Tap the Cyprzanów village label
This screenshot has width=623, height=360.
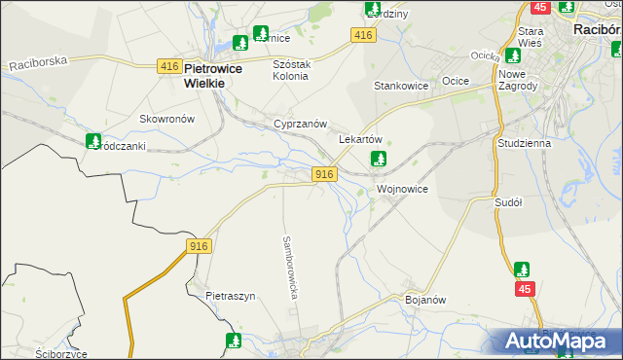click(299, 125)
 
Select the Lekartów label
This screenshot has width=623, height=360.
click(360, 139)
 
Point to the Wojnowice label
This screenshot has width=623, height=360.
click(402, 188)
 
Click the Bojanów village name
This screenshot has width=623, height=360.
click(424, 300)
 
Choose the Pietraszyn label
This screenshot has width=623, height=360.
click(230, 295)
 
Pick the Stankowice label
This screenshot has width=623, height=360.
click(402, 86)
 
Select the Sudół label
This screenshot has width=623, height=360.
click(509, 202)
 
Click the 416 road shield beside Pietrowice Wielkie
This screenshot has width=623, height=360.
click(168, 66)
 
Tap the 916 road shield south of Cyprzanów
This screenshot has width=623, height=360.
click(325, 173)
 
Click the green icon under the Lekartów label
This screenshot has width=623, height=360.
click(380, 158)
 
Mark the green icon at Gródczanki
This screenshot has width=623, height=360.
click(93, 141)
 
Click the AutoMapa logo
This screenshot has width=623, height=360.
click(560, 340)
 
